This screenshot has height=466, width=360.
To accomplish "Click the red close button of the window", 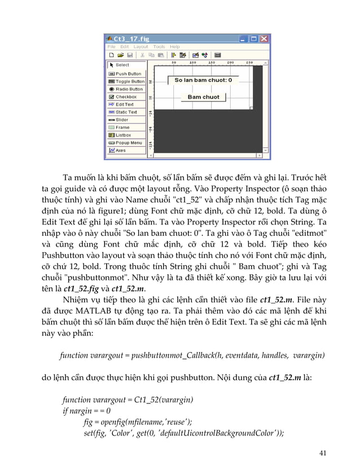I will coord(264,38).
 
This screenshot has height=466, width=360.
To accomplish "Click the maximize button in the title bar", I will coord(254,38).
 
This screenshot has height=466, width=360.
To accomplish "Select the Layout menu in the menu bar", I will coord(141,47).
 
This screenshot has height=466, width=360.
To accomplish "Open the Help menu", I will coord(175,47).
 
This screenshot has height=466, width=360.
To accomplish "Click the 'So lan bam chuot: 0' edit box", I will coord(203,80).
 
